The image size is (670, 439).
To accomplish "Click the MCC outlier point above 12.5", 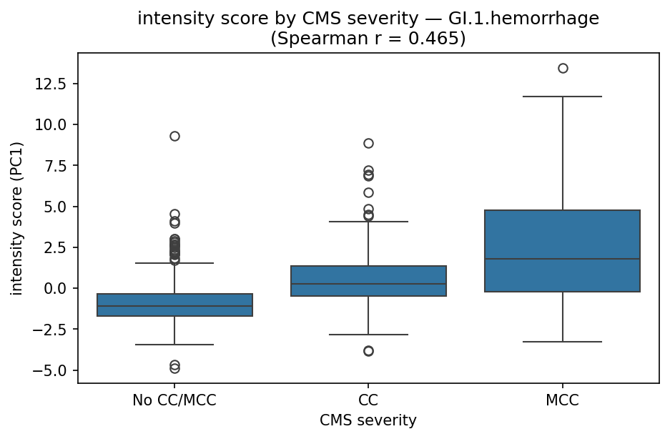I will pyautogui.click(x=563, y=68).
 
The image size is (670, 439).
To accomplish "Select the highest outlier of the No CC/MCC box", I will pyautogui.click(x=174, y=136).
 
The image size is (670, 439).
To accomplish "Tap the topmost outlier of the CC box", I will pyautogui.click(x=368, y=143).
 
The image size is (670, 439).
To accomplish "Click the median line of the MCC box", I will pyautogui.click(x=563, y=259).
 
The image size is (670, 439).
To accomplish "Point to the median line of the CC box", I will pyautogui.click(x=368, y=284).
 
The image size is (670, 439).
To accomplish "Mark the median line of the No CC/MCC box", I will pyautogui.click(x=174, y=306).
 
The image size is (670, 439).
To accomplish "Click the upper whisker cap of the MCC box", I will pyautogui.click(x=563, y=96).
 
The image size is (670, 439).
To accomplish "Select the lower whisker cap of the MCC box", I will pyautogui.click(x=563, y=342).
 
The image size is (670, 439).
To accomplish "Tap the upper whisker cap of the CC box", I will pyautogui.click(x=368, y=222).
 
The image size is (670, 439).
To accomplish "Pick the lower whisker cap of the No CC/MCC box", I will pyautogui.click(x=174, y=345).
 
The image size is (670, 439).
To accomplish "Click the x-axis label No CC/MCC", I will pyautogui.click(x=174, y=401).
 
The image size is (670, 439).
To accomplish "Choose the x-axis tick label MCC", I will pyautogui.click(x=563, y=401).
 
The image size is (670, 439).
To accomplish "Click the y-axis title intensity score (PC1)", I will pyautogui.click(x=16, y=217).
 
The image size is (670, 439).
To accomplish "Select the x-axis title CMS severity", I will pyautogui.click(x=368, y=420).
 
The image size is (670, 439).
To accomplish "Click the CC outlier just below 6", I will pyautogui.click(x=368, y=192).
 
